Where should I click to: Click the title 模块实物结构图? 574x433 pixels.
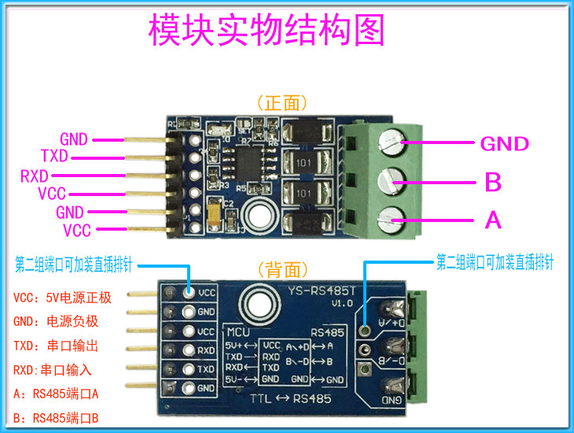(x=267, y=31)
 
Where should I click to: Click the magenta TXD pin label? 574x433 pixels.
(x=54, y=156)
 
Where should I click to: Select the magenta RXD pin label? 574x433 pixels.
(x=35, y=175)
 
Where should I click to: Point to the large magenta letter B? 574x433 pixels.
(x=493, y=183)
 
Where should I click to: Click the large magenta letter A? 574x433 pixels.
(x=493, y=220)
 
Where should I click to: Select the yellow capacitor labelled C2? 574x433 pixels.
(x=212, y=209)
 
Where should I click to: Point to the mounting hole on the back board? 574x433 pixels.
(x=256, y=302)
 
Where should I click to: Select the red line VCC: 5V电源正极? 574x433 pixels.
(x=62, y=298)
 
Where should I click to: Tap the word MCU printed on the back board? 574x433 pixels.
(x=239, y=331)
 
